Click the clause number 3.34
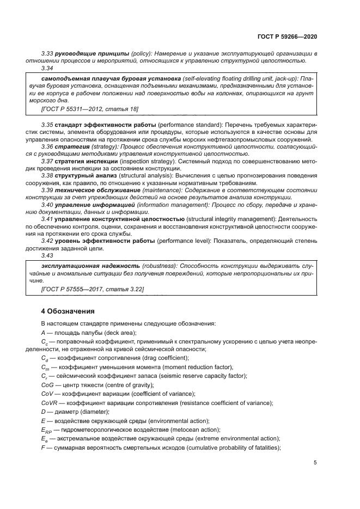[x=47, y=69]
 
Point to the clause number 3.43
[x=47, y=255]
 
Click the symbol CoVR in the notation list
[x=50, y=402]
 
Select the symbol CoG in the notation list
[x=48, y=385]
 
